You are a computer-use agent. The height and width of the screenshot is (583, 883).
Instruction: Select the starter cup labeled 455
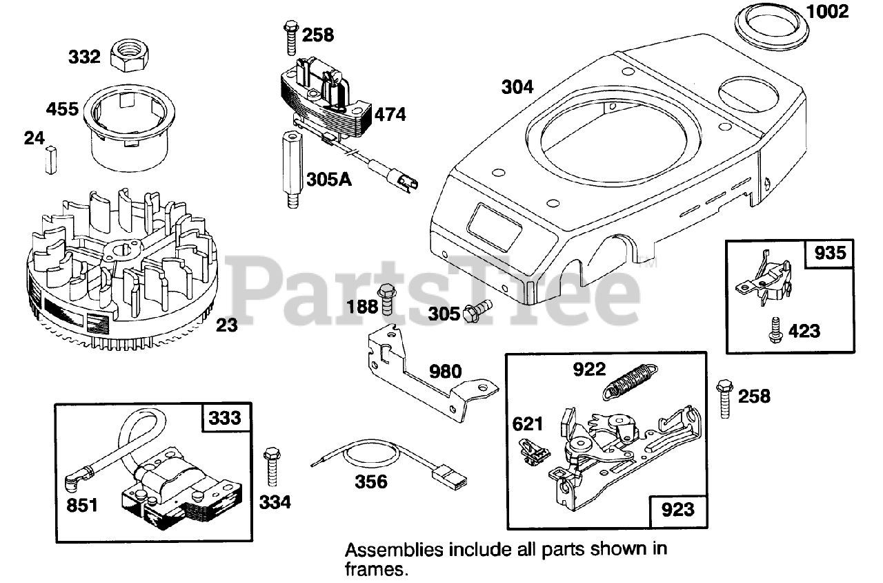click(x=128, y=131)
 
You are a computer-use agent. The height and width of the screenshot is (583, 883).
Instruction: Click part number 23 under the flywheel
click(x=227, y=324)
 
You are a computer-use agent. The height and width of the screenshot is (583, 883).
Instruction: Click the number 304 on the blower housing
click(x=517, y=87)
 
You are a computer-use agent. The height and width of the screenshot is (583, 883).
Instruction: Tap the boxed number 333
click(x=225, y=418)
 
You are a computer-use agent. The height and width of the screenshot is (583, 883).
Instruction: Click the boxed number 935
click(x=830, y=254)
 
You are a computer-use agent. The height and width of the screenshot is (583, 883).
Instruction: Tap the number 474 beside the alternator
click(x=390, y=114)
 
